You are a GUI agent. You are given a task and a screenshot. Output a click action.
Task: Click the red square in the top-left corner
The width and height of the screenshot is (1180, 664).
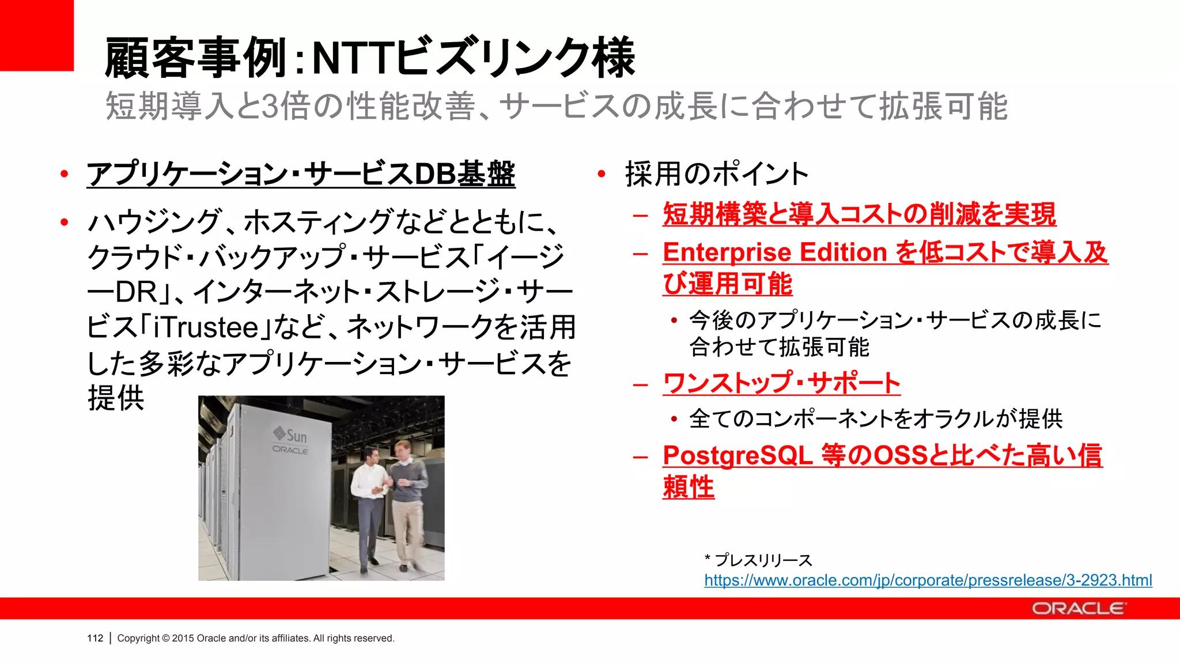click(36, 35)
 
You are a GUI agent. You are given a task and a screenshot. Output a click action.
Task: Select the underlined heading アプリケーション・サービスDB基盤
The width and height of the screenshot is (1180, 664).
click(301, 174)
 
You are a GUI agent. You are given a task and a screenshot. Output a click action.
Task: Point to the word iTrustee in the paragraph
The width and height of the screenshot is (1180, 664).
click(206, 327)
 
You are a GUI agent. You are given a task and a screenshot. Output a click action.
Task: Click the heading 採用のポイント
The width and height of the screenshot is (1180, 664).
click(717, 174)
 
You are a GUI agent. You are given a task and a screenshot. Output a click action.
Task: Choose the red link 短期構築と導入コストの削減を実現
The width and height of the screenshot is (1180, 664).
click(859, 214)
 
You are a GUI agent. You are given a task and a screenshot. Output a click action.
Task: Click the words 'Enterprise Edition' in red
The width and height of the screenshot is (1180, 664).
click(774, 252)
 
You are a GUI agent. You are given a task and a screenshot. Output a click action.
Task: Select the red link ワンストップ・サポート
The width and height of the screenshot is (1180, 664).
click(781, 383)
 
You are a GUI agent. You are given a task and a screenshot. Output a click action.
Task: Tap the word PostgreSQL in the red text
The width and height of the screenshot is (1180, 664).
click(737, 455)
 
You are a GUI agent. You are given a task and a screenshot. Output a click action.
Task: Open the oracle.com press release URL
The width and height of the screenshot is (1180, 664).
click(928, 580)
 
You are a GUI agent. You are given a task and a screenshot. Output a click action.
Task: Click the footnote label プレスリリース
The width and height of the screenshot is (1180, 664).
click(763, 560)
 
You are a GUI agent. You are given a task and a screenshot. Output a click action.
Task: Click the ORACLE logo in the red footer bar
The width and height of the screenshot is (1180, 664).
click(1077, 609)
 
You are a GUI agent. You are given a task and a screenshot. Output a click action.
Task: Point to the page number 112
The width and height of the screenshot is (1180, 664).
click(95, 638)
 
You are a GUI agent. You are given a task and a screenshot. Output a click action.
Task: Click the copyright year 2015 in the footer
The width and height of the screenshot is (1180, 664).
click(183, 638)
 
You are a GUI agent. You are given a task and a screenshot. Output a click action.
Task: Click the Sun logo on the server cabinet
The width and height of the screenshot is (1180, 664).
click(290, 435)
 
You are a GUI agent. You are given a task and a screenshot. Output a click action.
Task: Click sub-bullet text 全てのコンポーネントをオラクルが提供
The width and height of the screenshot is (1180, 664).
click(875, 419)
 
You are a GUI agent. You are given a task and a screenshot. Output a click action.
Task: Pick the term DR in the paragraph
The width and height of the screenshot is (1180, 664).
click(137, 292)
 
